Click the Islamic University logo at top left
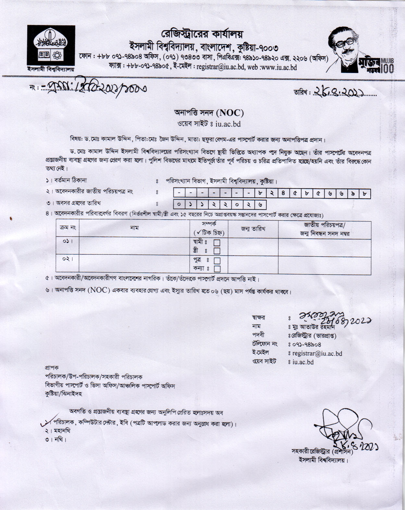pyautogui.click(x=51, y=46)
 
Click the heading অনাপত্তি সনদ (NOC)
pyautogui.click(x=209, y=113)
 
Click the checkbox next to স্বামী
pyautogui.click(x=217, y=242)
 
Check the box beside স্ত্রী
pyautogui.click(x=217, y=251)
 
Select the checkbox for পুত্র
pyautogui.click(x=217, y=260)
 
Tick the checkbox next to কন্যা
pyautogui.click(x=217, y=269)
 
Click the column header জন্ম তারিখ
pyautogui.click(x=253, y=229)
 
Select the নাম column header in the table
pyautogui.click(x=134, y=228)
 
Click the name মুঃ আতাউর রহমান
pyautogui.click(x=314, y=327)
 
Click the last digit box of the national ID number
pyautogui.click(x=365, y=194)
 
